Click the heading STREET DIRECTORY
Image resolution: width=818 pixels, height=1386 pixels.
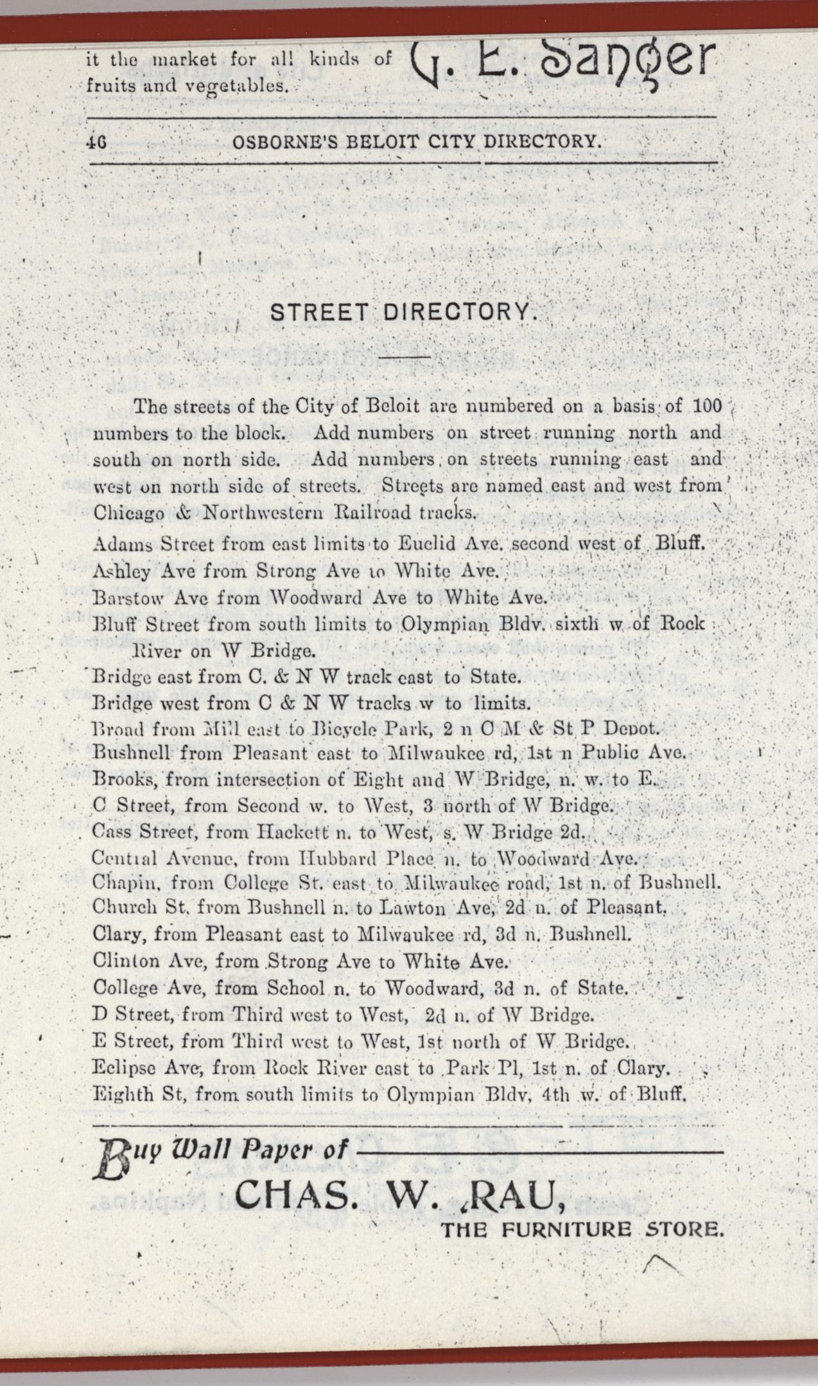point(403,313)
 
